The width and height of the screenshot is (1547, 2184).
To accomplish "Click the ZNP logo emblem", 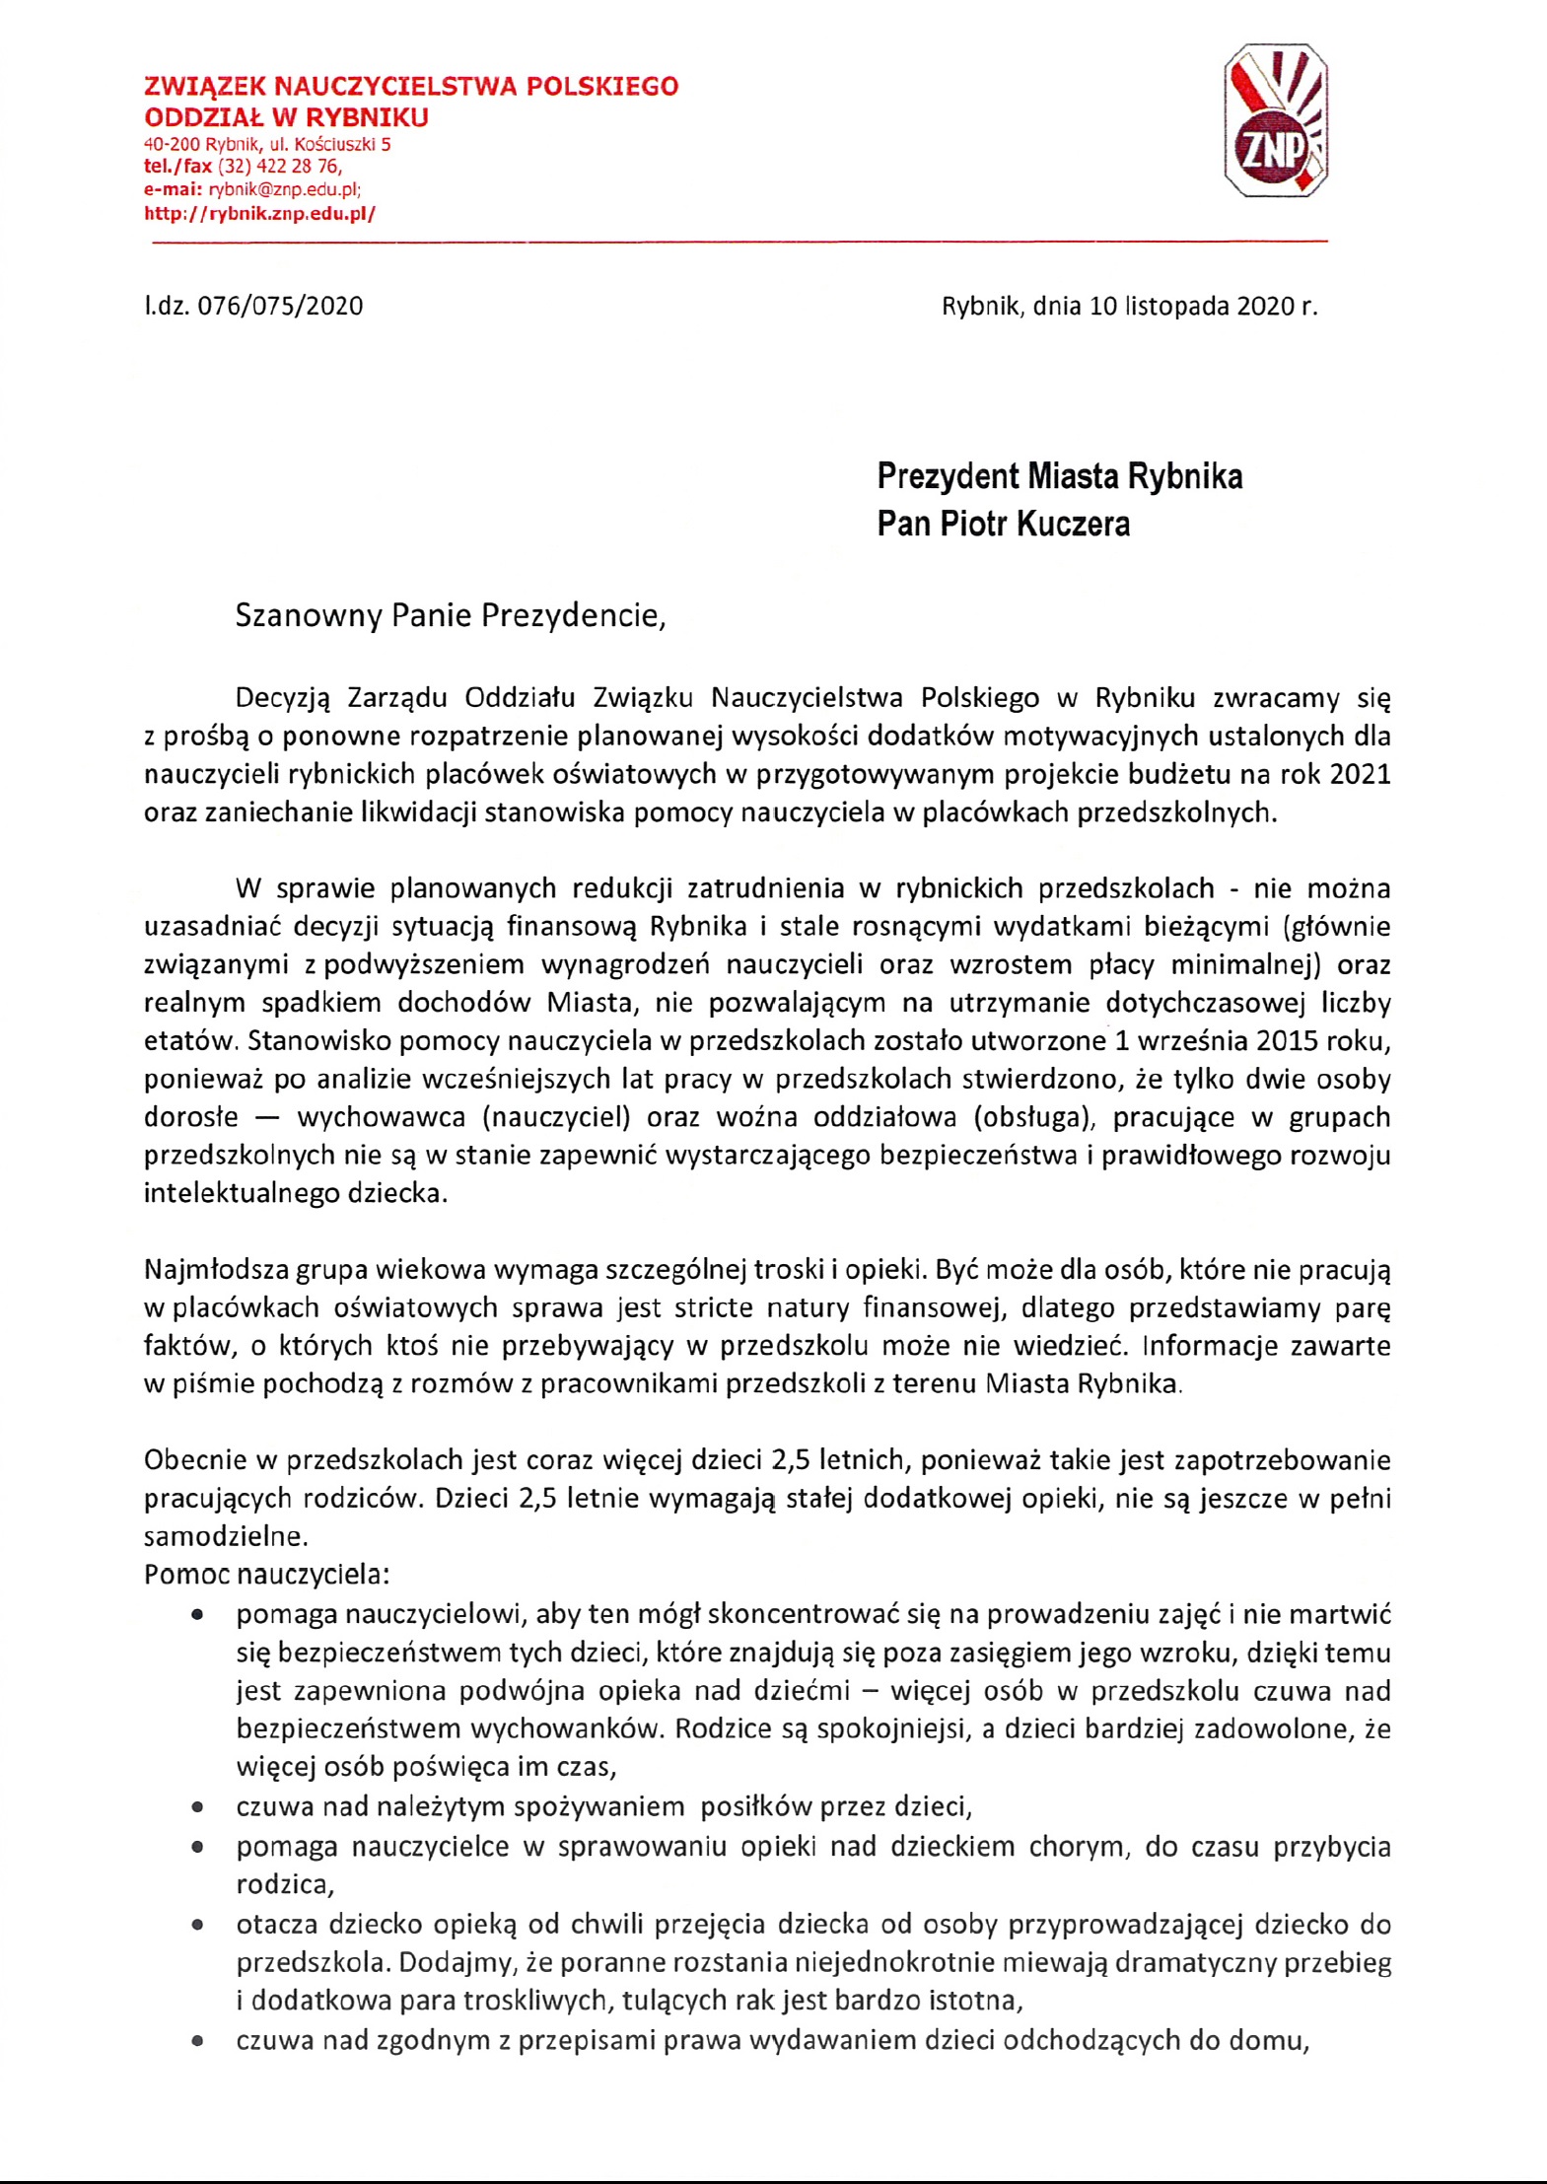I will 1276,120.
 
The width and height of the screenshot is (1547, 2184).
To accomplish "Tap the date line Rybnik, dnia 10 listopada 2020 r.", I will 1129,306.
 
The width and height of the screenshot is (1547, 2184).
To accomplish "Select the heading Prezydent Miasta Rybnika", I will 1059,476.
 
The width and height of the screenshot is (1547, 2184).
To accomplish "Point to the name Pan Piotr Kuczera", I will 1003,524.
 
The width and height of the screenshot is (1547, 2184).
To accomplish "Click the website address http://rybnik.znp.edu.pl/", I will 259,213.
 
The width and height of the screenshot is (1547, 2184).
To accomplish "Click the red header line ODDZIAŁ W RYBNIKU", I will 286,117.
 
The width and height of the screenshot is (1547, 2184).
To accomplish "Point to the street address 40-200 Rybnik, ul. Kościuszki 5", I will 267,144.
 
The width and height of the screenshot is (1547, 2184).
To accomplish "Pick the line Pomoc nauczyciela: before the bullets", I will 266,1574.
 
